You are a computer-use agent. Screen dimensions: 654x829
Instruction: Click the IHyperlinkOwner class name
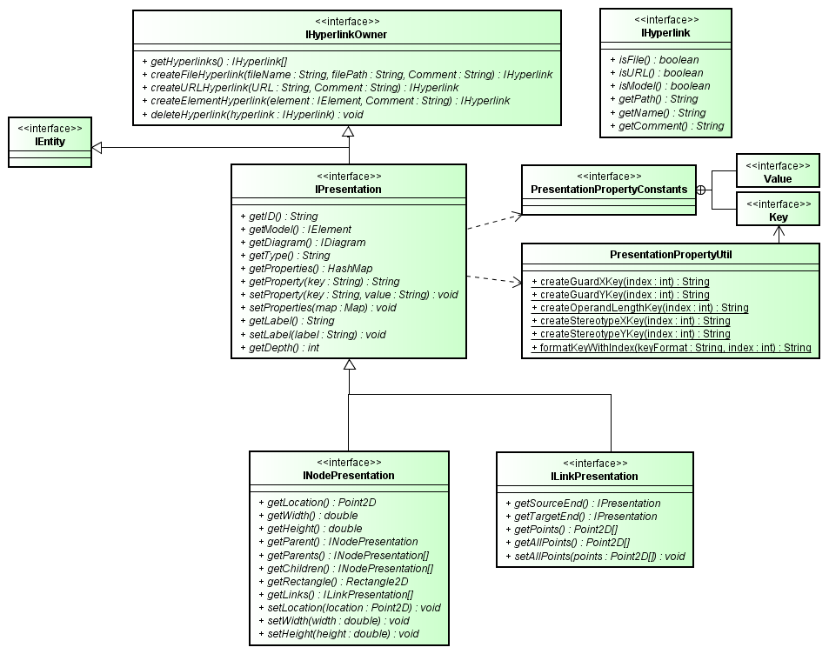click(x=347, y=35)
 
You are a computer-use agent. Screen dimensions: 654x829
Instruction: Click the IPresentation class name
click(x=348, y=189)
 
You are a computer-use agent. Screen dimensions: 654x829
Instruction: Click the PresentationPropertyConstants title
click(x=609, y=190)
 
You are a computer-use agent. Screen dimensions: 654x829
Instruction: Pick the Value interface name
click(x=778, y=178)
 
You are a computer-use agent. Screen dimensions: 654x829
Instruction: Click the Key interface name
click(x=778, y=217)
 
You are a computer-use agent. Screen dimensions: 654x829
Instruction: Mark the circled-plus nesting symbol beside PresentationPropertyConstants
click(x=705, y=190)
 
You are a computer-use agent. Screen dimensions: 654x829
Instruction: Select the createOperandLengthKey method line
click(x=639, y=308)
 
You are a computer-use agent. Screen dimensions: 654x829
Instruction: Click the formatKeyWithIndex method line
click(x=671, y=348)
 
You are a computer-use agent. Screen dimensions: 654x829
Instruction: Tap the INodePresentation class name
click(x=349, y=476)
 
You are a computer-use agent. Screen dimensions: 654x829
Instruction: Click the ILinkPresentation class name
click(x=595, y=477)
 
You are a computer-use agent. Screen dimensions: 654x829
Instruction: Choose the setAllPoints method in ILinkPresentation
click(x=599, y=556)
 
